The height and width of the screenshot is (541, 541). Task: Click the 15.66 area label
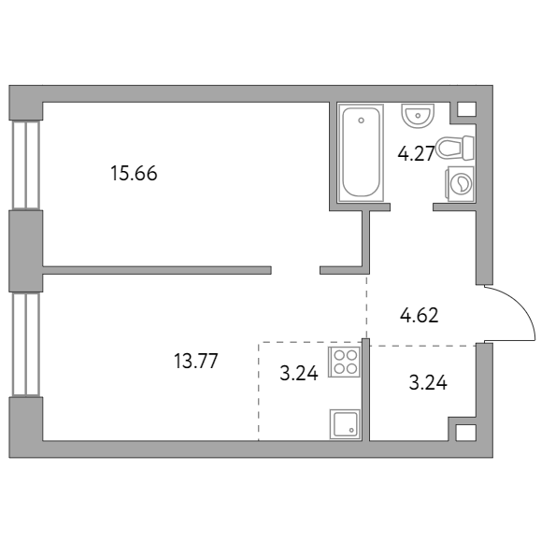[x=134, y=173]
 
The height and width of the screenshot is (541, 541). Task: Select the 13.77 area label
[x=195, y=361]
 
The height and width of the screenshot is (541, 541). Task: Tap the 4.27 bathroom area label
[x=416, y=154]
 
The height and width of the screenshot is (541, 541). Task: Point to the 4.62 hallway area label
[x=420, y=316]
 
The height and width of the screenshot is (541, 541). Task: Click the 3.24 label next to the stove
[x=299, y=373]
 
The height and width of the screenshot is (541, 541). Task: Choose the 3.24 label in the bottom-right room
[x=428, y=383]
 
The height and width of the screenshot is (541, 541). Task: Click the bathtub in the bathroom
[x=361, y=153]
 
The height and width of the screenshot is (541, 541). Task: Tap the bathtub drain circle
[x=362, y=121]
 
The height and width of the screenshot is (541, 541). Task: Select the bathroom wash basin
[x=418, y=116]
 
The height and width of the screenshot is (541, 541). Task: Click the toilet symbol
[x=455, y=148]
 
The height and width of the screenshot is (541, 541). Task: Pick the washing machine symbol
[x=460, y=183]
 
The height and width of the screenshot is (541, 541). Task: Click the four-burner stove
[x=345, y=362]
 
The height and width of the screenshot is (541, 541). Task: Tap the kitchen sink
[x=345, y=424]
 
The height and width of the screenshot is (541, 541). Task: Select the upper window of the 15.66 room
[x=26, y=165]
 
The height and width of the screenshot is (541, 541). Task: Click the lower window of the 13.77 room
[x=26, y=345]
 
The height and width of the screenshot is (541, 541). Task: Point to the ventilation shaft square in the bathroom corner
[x=466, y=109]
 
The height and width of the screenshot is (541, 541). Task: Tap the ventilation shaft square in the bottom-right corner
[x=465, y=433]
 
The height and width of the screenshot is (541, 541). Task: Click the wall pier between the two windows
[x=26, y=251]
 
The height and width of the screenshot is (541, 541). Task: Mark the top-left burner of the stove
[x=339, y=355]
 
